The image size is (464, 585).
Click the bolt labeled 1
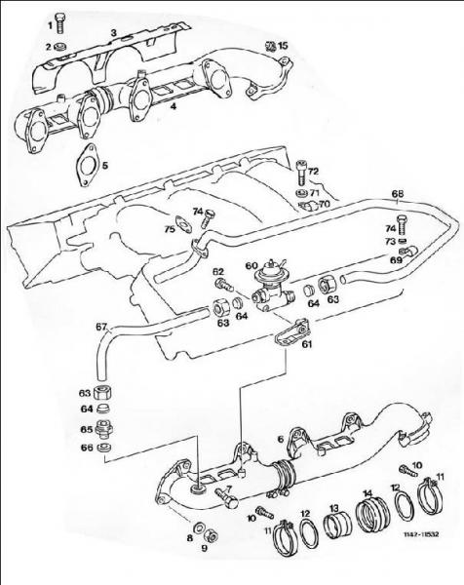[59, 23]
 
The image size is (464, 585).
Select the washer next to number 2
[60, 47]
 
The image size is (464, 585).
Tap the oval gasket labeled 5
[87, 165]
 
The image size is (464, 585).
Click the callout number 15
[283, 46]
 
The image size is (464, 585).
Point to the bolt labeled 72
[302, 173]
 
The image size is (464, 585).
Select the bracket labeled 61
[293, 332]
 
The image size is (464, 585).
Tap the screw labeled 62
[224, 286]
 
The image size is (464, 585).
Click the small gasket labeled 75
[184, 224]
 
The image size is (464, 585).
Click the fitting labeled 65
[103, 429]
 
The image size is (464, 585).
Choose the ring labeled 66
[103, 447]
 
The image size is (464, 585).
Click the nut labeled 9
[212, 537]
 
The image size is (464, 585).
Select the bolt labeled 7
[226, 498]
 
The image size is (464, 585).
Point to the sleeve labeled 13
[336, 526]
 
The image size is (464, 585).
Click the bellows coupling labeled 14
[373, 514]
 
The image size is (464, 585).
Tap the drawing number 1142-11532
[421, 534]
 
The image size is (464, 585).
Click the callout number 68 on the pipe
[398, 194]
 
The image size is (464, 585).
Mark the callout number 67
[101, 327]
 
